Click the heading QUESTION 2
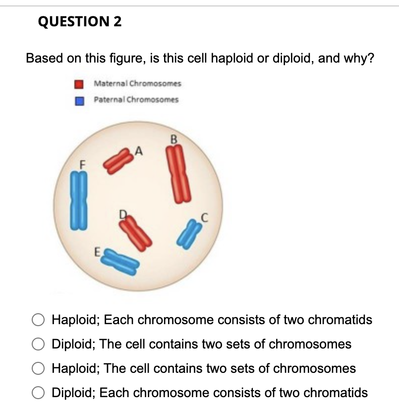(80, 22)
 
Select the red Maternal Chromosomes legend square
(78, 84)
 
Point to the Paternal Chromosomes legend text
(136, 99)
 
